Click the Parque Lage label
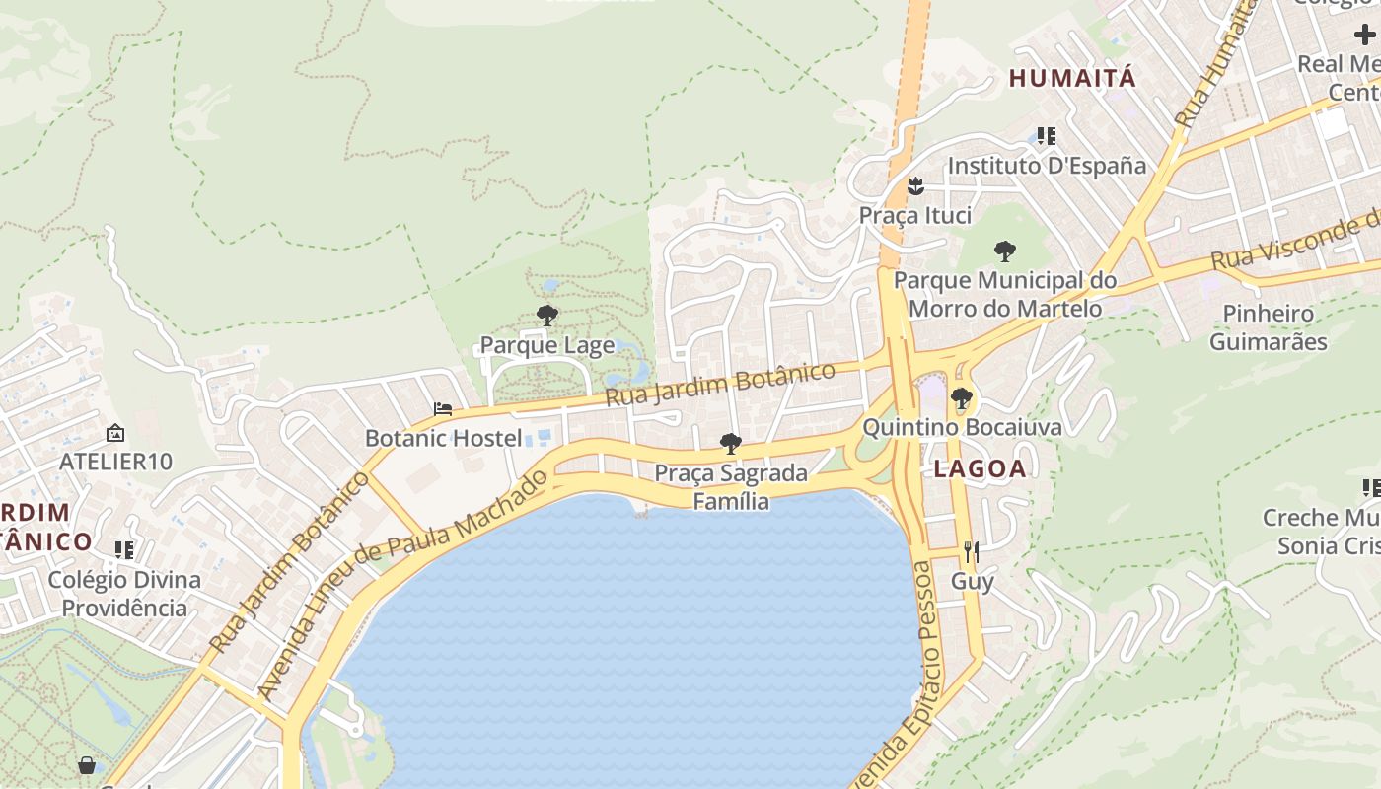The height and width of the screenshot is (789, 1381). pyautogui.click(x=546, y=345)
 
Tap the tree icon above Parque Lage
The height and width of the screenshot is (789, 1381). pyautogui.click(x=546, y=316)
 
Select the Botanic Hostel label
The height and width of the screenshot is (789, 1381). pyautogui.click(x=443, y=438)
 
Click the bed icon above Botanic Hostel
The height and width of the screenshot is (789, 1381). pyautogui.click(x=443, y=409)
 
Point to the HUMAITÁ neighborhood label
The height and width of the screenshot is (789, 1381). pyautogui.click(x=1072, y=79)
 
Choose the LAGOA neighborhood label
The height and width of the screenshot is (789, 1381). pyautogui.click(x=980, y=469)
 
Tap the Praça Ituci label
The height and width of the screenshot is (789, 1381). pyautogui.click(x=914, y=215)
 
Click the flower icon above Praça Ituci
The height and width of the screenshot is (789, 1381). pyautogui.click(x=915, y=185)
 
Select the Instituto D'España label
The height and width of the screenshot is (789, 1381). pyautogui.click(x=1047, y=165)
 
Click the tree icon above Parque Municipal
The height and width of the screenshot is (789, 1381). pyautogui.click(x=1004, y=251)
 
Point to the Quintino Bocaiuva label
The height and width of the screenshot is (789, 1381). pyautogui.click(x=962, y=427)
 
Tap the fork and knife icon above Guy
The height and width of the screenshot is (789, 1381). pyautogui.click(x=972, y=551)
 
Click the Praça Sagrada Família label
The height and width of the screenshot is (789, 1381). pyautogui.click(x=731, y=487)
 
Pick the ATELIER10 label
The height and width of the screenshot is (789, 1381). pyautogui.click(x=115, y=461)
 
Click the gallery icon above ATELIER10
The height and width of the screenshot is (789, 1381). pyautogui.click(x=115, y=432)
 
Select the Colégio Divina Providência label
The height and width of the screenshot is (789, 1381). pyautogui.click(x=124, y=594)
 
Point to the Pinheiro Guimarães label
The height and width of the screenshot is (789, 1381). pyautogui.click(x=1268, y=327)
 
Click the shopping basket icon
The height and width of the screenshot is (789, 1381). pyautogui.click(x=87, y=765)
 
